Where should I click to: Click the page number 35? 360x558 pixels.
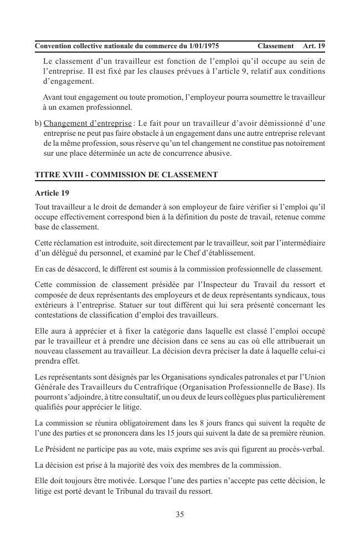click(x=180, y=514)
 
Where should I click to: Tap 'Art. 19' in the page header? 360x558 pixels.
click(x=314, y=45)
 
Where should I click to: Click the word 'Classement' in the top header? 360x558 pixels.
click(x=275, y=45)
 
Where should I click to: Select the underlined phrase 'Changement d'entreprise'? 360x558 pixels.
click(x=88, y=123)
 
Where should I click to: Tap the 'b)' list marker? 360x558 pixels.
click(x=38, y=123)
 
